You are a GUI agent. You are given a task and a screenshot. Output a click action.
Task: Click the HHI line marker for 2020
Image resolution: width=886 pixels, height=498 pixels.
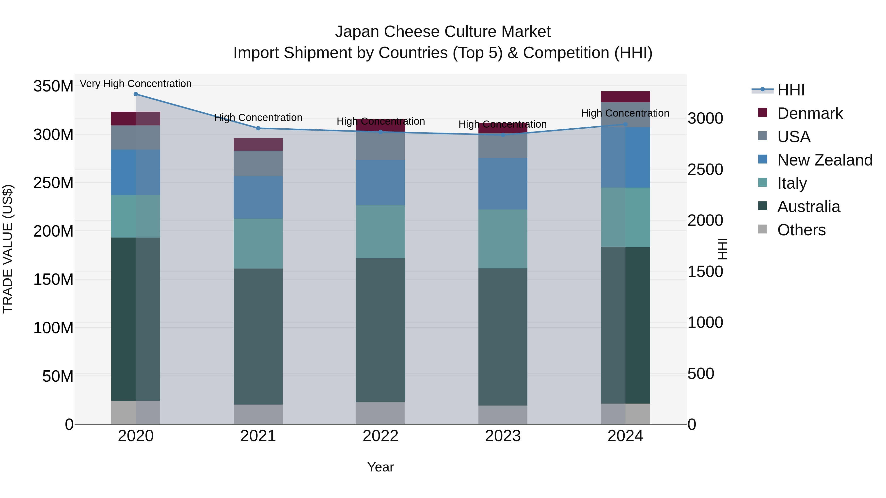click(136, 94)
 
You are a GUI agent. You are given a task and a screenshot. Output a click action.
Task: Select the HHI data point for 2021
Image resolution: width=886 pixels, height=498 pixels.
click(258, 128)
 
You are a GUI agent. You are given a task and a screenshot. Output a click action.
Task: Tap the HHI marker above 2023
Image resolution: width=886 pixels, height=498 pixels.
click(503, 135)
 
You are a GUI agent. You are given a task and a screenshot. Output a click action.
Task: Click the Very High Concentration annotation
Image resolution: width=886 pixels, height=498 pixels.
click(136, 84)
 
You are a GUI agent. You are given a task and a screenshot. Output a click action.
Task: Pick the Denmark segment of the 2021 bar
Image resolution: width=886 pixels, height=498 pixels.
click(258, 145)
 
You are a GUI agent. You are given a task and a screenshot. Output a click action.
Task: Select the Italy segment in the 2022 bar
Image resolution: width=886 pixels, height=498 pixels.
click(380, 231)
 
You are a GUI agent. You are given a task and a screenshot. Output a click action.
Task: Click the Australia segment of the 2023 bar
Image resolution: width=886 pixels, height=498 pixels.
click(503, 337)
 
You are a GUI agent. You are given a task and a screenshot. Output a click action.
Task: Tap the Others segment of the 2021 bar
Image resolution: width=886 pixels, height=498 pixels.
click(258, 414)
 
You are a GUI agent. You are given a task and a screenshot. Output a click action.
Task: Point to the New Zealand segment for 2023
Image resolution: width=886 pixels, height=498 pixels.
click(503, 184)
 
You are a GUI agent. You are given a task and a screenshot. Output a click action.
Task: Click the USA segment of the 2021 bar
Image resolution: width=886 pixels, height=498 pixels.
click(258, 164)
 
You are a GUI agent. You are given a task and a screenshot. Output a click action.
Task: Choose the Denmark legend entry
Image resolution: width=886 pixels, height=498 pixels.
click(810, 113)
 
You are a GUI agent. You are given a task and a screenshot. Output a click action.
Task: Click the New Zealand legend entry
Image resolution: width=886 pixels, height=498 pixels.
click(824, 160)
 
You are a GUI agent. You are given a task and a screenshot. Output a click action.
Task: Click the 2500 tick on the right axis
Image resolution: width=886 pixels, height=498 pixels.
click(705, 169)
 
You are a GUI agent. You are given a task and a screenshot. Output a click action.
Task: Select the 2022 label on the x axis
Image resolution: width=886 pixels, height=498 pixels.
click(380, 436)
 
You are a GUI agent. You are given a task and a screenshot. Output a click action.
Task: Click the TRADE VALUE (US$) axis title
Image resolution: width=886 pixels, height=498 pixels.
click(8, 249)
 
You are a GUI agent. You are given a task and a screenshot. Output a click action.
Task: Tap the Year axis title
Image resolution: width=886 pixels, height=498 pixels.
click(380, 467)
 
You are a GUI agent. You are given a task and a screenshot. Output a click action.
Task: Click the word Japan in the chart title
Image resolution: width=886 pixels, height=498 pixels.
click(357, 32)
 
